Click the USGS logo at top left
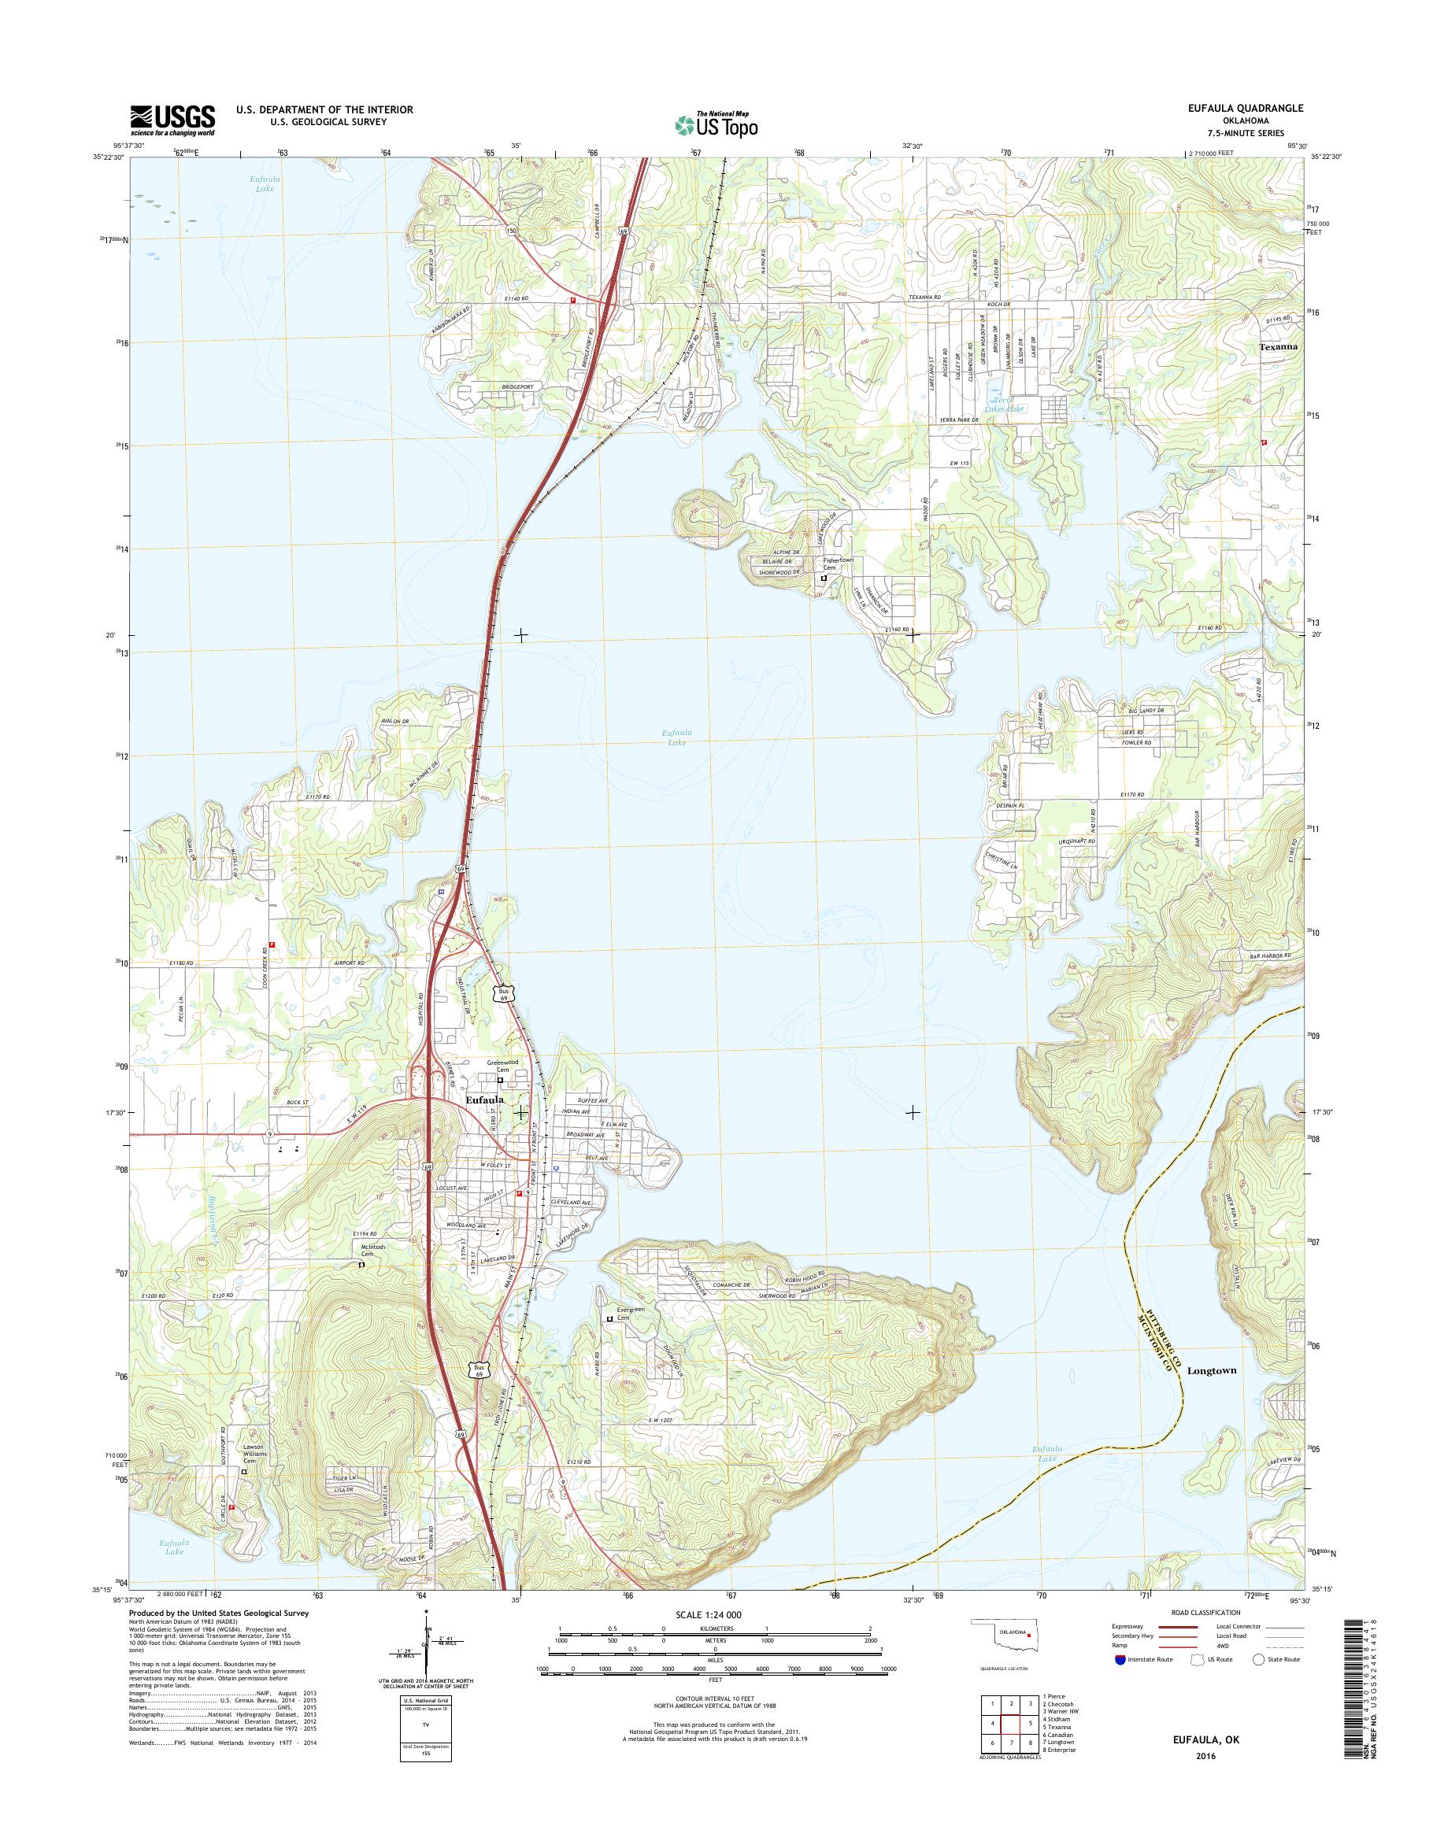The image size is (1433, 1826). coord(172,120)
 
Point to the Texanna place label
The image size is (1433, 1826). coord(1279,346)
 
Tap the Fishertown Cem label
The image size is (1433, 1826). coord(837,564)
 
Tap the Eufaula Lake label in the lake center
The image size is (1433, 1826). coord(677,738)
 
